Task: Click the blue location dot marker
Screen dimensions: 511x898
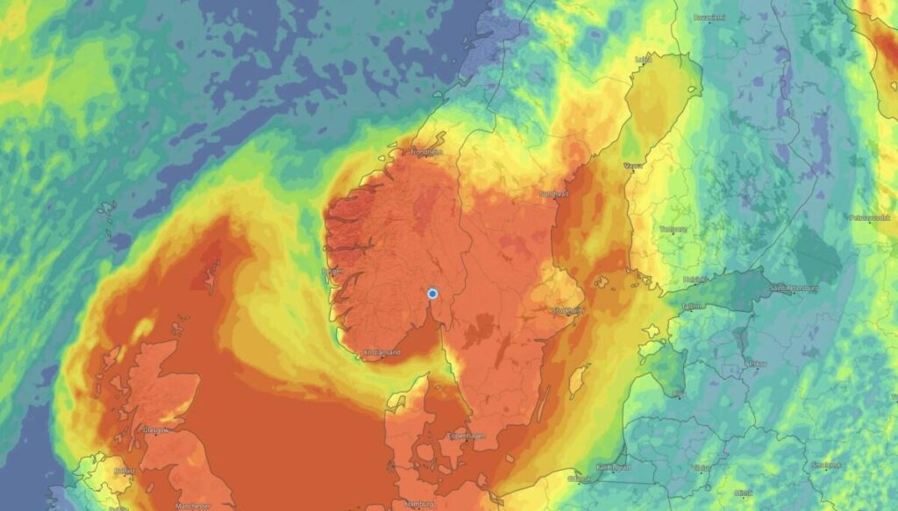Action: point(432,294)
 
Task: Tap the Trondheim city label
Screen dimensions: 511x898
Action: point(426,152)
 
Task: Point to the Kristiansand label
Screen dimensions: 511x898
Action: point(381,354)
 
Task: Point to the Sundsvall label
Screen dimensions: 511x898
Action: point(554,193)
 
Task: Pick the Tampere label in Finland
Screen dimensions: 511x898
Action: point(673,229)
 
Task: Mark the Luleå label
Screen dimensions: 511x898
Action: point(643,60)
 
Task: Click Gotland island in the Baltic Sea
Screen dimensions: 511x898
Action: point(578,380)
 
